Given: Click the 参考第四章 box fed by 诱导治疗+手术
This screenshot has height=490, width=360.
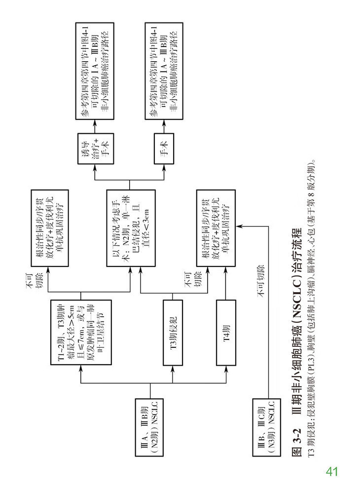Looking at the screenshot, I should [94, 70].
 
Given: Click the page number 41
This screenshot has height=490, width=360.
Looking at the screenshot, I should [331, 472].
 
